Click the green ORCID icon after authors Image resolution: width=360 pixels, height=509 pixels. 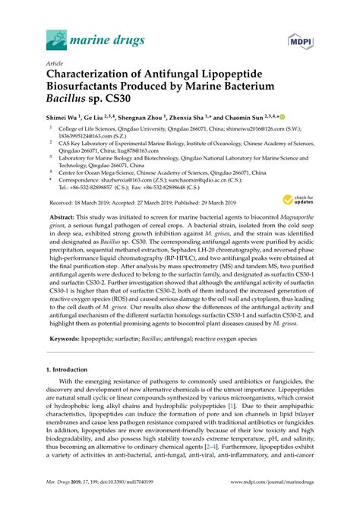281,119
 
